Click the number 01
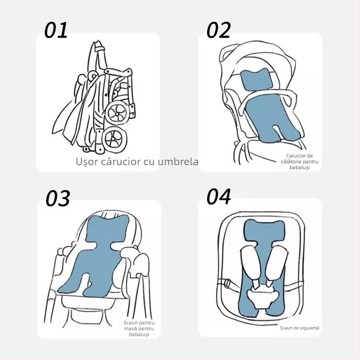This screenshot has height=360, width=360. (x=56, y=30)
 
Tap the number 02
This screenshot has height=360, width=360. (x=219, y=30)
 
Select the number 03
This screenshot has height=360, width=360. (x=58, y=198)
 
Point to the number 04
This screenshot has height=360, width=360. (x=219, y=197)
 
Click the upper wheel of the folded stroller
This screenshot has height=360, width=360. (x=117, y=113)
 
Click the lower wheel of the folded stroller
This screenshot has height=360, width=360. (x=114, y=139)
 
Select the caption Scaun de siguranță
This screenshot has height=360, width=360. (x=299, y=328)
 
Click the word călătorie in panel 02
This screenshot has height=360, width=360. (x=289, y=162)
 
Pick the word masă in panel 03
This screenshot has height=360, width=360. (x=129, y=328)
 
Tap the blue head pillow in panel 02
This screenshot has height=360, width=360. (x=256, y=79)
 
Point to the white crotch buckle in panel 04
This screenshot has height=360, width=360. (x=262, y=298)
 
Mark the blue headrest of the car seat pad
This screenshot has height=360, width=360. (x=264, y=230)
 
